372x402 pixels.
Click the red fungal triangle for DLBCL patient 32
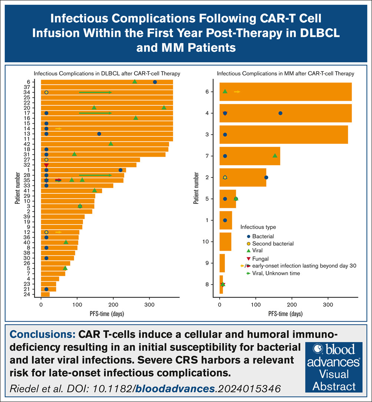click(x=46, y=165)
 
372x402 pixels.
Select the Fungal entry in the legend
click(x=260, y=259)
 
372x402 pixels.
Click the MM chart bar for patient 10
click(x=225, y=242)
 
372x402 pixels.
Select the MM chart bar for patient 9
click(x=222, y=263)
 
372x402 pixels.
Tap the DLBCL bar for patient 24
click(x=45, y=294)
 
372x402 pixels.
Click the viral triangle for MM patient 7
click(x=275, y=156)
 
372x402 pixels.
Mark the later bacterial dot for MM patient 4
click(x=280, y=113)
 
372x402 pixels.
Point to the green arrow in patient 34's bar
click(x=95, y=92)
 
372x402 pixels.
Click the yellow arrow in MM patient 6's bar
click(x=237, y=92)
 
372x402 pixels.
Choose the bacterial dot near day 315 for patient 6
click(x=155, y=82)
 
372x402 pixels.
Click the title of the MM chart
click(x=285, y=73)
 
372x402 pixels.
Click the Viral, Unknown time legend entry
click(x=275, y=273)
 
